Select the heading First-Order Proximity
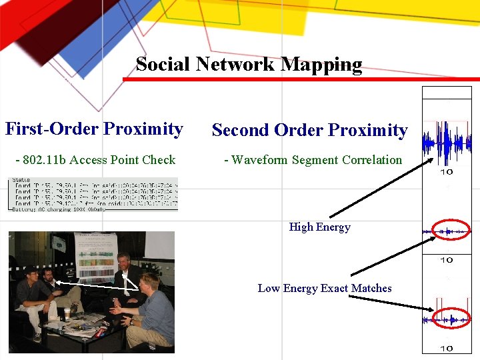pos(94,129)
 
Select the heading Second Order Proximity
pos(309,130)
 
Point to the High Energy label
pos(319,227)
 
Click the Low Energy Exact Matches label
pos(325,289)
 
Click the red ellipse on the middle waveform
pos(451,231)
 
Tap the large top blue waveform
pos(446,143)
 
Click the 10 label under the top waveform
pos(447,172)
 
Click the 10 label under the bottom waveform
pos(447,348)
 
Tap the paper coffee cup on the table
pos(67,313)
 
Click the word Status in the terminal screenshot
pos(22,180)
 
